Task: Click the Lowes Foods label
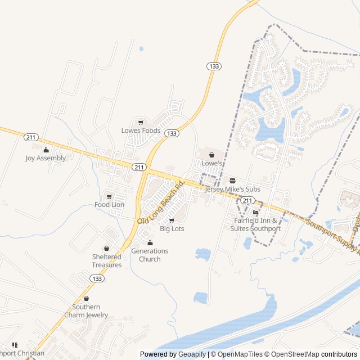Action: pos(141,130)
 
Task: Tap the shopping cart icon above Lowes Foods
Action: pos(141,122)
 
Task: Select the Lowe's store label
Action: pos(213,163)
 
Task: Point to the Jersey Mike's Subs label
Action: pos(232,189)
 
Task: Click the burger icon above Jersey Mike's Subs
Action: pos(232,181)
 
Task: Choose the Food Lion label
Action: pos(109,205)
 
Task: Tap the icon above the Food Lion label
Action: pos(109,196)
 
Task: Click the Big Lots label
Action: pos(172,229)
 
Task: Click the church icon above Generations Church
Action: pos(150,242)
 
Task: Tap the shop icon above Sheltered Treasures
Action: pos(106,248)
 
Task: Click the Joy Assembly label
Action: pos(46,158)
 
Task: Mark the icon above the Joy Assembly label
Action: pos(46,150)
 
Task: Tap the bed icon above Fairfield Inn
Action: pos(256,213)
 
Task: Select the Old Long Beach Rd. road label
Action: pos(161,202)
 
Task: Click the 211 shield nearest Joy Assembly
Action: pos(30,137)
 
